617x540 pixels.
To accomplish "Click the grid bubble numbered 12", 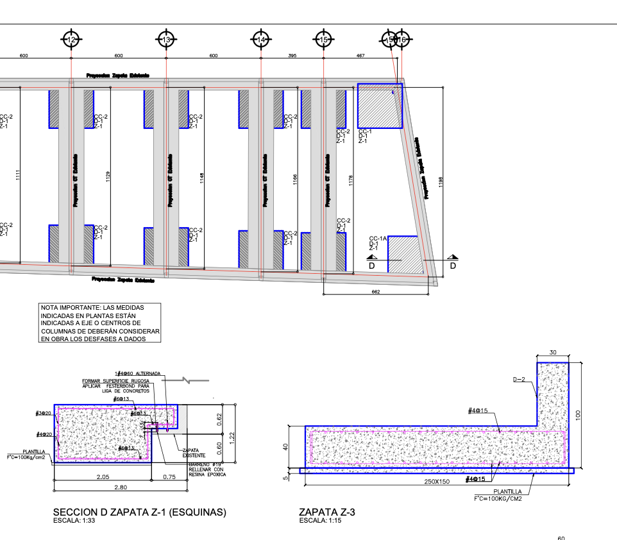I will click(x=71, y=40).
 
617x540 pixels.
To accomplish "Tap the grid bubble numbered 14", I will click(x=260, y=40).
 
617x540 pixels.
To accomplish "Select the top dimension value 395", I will click(x=292, y=56).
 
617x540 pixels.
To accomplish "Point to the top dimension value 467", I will click(x=360, y=56).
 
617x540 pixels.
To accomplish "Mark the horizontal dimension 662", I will click(x=376, y=292).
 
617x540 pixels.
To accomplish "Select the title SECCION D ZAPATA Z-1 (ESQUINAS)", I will click(x=140, y=512).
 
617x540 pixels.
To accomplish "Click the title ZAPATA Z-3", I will click(x=327, y=512).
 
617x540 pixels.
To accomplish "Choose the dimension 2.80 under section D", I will click(x=119, y=488).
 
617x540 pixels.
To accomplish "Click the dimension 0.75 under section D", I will click(x=170, y=477).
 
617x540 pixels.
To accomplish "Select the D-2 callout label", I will click(x=519, y=380).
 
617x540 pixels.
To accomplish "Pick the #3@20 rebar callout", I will click(x=44, y=413).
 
